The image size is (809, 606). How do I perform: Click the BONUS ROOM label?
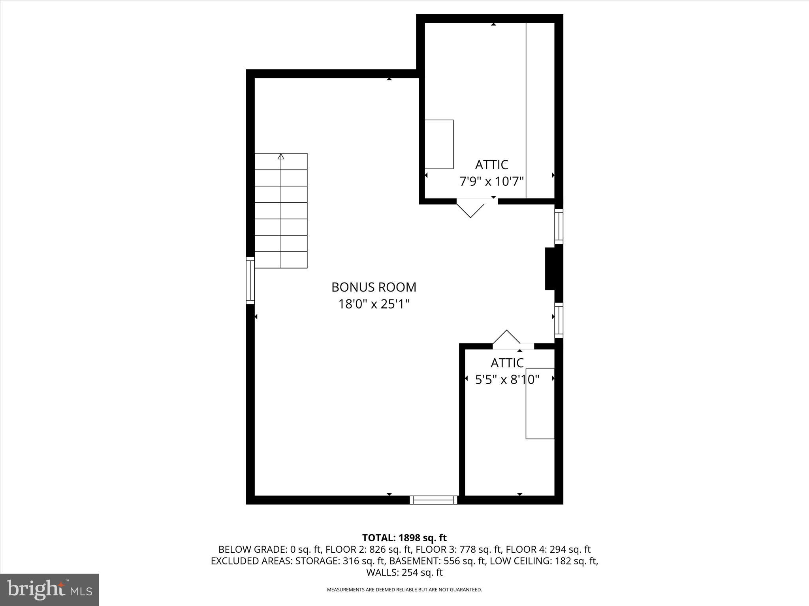374,287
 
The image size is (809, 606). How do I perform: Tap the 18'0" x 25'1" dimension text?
374,304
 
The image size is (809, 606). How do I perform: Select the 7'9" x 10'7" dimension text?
491,181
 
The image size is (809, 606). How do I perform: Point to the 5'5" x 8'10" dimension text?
507,380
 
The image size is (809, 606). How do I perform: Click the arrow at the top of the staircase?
281,157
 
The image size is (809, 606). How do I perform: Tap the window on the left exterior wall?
250,280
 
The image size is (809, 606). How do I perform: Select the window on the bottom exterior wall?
433,500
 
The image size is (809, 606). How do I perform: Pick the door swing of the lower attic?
506,338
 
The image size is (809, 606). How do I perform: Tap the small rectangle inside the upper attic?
439,144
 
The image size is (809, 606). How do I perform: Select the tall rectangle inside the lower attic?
540,403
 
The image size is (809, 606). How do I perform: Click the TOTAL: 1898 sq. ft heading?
404,538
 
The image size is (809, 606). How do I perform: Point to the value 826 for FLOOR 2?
377,549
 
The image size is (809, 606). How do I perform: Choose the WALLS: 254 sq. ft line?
404,572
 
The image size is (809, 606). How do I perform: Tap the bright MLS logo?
49,590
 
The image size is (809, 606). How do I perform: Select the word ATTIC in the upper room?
491,165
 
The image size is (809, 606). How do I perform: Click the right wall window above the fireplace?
559,226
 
